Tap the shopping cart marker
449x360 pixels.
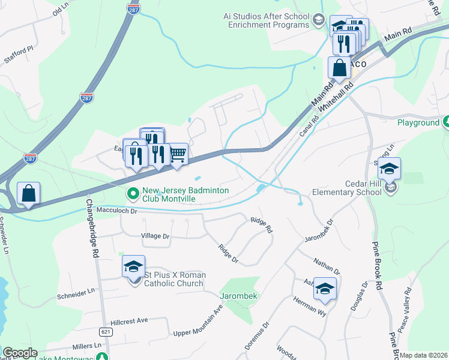177,154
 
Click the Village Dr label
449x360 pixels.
155,236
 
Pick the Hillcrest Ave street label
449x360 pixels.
125,320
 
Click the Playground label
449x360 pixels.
418,122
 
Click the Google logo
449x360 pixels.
20,353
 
